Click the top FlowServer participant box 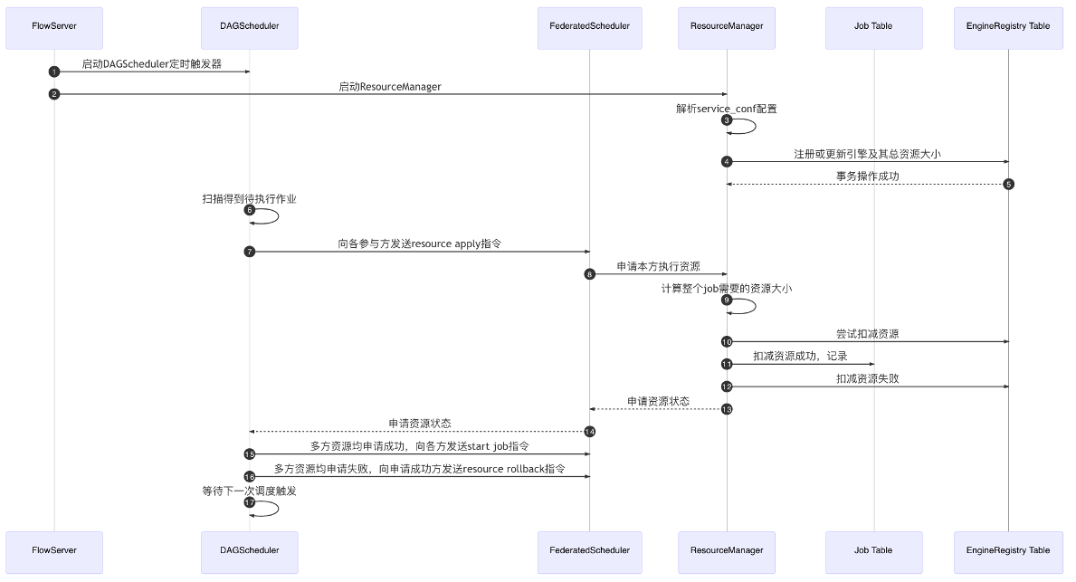(53, 26)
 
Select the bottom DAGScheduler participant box (249, 549)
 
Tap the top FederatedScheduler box (589, 26)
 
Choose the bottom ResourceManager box (727, 549)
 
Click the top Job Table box (873, 26)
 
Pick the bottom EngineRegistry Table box (1008, 549)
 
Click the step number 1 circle (54, 72)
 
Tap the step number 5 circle (1008, 184)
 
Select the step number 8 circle (590, 274)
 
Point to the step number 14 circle (590, 431)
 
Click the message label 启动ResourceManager (390, 87)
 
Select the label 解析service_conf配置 (727, 109)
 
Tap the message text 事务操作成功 (867, 177)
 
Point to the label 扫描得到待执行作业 (249, 198)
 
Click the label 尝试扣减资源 (867, 334)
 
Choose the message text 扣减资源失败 (867, 379)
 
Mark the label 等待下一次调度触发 (249, 491)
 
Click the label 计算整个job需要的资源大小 (727, 288)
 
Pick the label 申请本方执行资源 (658, 266)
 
